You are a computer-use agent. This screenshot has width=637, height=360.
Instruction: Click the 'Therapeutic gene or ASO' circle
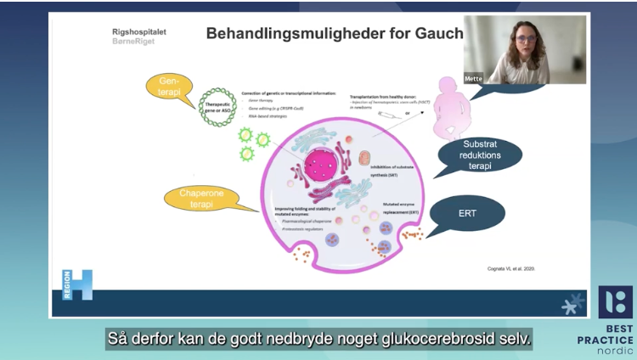pos(217,108)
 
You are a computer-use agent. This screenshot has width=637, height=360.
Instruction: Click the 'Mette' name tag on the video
pos(473,78)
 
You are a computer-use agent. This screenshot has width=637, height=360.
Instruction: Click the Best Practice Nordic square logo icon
pos(615,301)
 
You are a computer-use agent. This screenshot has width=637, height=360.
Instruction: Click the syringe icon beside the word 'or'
pos(387,113)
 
